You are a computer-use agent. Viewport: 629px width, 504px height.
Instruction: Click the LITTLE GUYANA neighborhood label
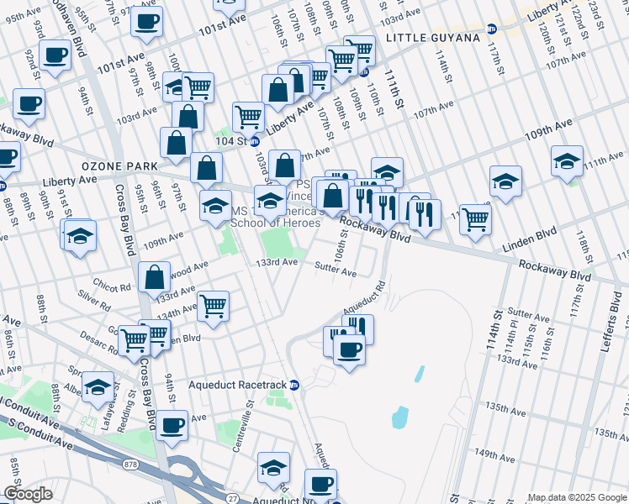(x=432, y=39)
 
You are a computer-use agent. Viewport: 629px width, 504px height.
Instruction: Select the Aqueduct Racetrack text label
(x=237, y=385)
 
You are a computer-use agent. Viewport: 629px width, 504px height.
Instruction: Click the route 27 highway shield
(x=231, y=498)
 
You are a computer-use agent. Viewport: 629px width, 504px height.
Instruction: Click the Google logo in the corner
(x=28, y=494)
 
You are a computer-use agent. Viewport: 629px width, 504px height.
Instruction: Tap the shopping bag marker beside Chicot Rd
(x=156, y=276)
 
